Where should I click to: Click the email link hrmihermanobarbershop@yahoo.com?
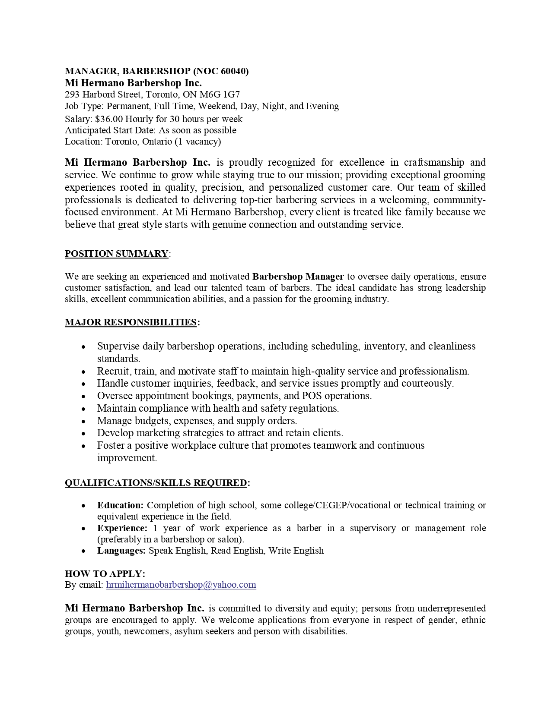click(x=181, y=585)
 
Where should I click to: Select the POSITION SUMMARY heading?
click(x=116, y=254)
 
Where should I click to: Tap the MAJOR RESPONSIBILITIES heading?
click(x=131, y=322)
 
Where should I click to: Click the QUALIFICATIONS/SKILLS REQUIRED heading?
click(x=156, y=483)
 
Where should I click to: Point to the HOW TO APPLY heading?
click(x=105, y=573)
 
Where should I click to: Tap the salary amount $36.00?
click(x=109, y=119)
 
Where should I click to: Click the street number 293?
click(x=72, y=95)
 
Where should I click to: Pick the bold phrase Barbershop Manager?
click(x=298, y=277)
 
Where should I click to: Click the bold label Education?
click(x=120, y=505)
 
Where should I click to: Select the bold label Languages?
click(x=121, y=551)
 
